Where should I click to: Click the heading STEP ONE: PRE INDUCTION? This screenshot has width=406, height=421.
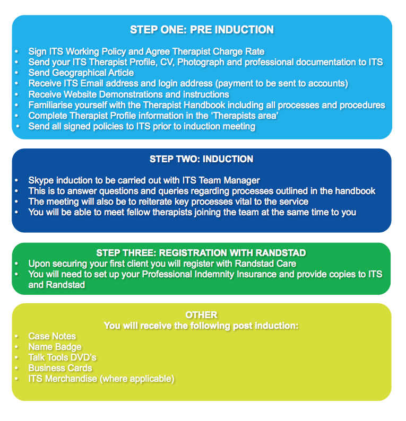click(202, 30)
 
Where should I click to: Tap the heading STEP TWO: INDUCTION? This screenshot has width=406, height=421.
click(201, 159)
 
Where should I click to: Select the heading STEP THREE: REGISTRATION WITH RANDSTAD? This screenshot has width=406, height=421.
click(201, 253)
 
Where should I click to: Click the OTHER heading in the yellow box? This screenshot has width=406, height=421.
click(201, 315)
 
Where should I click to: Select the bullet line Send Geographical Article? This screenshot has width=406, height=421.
click(81, 73)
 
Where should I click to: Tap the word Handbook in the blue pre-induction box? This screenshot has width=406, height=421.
click(237, 105)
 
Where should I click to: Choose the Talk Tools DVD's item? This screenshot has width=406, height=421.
click(63, 357)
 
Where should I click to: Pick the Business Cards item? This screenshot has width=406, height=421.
click(61, 368)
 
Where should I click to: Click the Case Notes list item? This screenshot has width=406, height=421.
click(52, 336)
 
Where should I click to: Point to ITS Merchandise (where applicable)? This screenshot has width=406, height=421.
click(101, 379)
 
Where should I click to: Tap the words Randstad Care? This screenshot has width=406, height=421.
click(259, 264)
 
